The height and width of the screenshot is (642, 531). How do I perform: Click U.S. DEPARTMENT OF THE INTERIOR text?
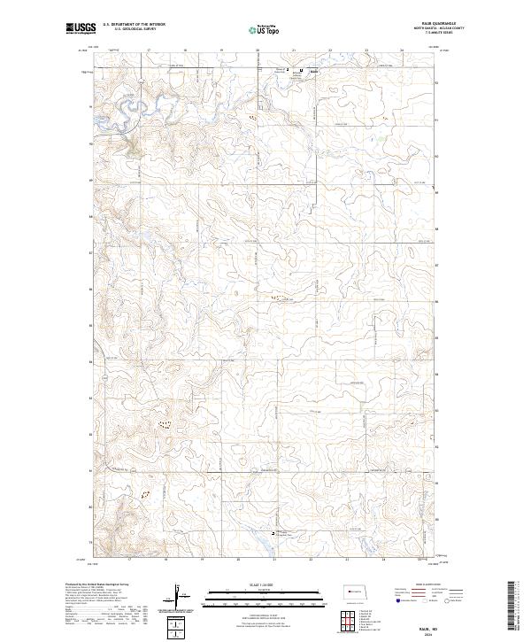134,25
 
